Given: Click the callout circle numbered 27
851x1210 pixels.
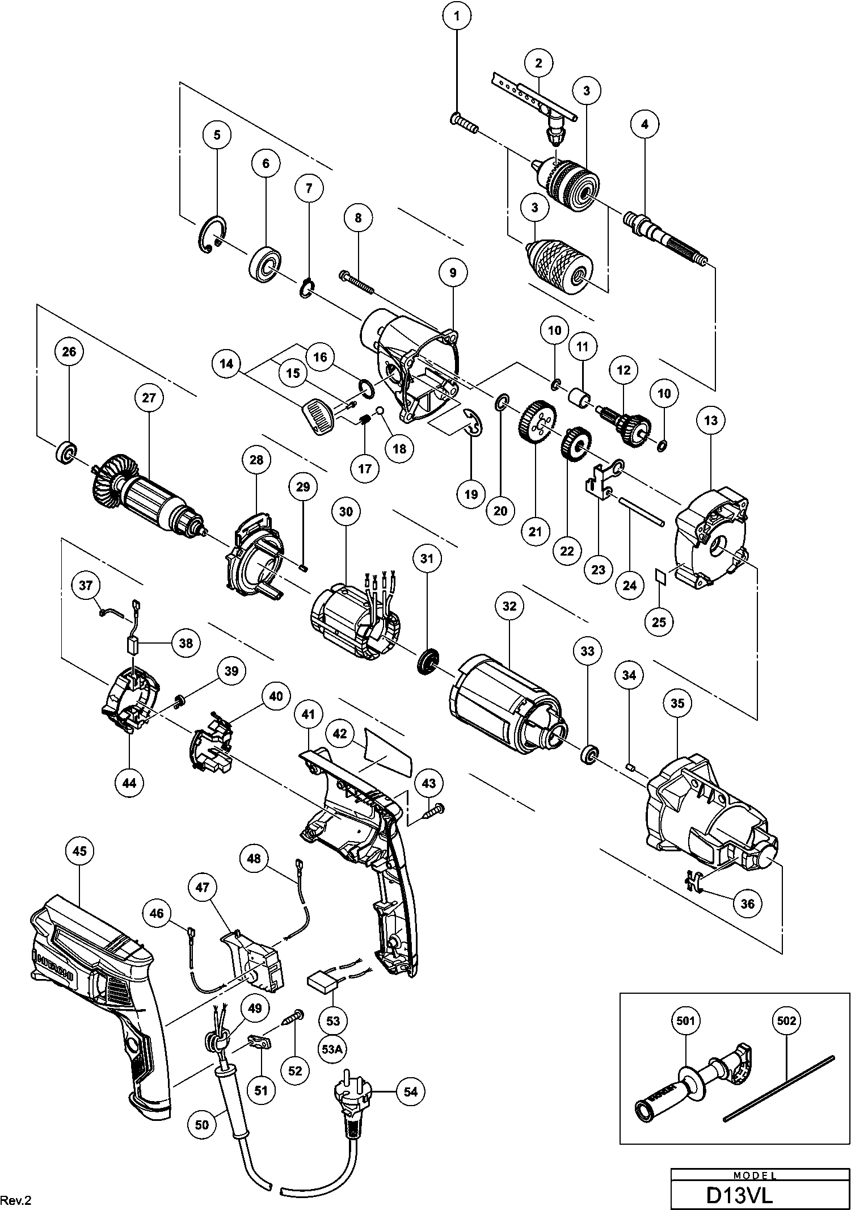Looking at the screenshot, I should click(149, 398).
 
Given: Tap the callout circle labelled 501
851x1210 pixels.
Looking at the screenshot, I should click(686, 1021).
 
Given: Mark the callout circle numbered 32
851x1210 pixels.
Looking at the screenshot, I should click(509, 606).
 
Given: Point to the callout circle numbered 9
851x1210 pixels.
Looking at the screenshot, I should click(453, 273).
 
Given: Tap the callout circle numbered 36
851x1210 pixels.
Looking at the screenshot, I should click(748, 903).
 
